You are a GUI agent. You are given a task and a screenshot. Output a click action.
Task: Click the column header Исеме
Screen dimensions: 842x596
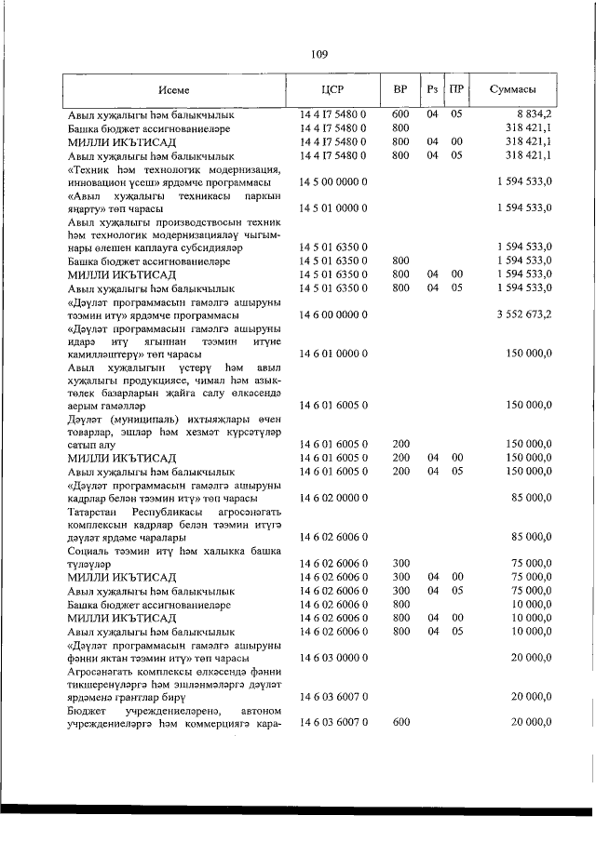click(174, 90)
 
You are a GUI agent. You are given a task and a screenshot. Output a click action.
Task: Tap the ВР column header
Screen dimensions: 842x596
click(400, 90)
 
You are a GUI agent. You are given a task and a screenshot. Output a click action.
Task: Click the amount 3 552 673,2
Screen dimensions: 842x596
click(524, 315)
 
